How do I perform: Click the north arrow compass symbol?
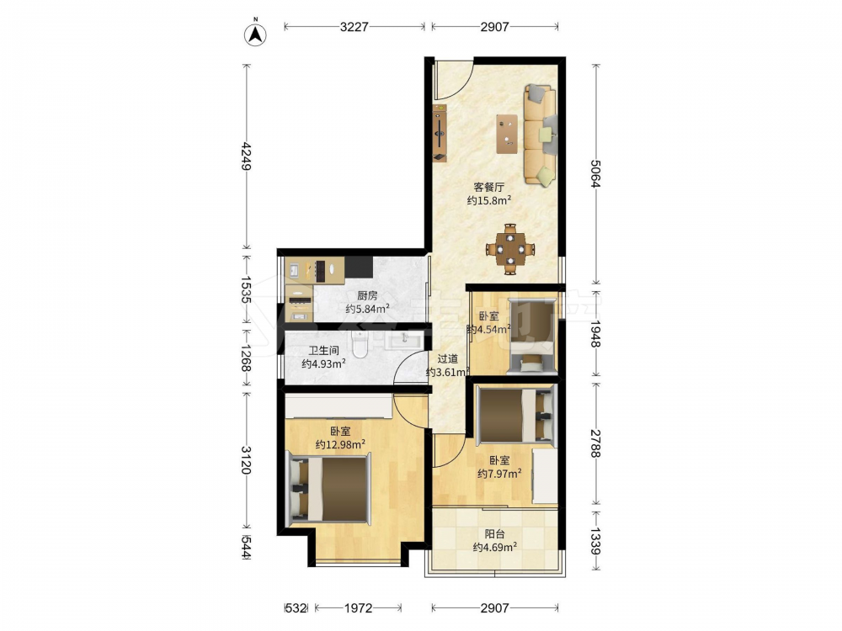[x=256, y=34]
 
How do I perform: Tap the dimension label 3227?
[x=354, y=26]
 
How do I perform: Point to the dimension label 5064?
[x=595, y=173]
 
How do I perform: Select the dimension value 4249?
[x=247, y=156]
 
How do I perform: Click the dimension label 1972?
[x=358, y=608]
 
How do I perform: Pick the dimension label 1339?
[x=595, y=540]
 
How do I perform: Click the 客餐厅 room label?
[x=488, y=188]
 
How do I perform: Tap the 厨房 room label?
[x=367, y=295]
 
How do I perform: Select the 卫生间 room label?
[x=323, y=351]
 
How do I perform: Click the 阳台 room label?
[x=494, y=534]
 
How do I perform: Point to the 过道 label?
[x=448, y=359]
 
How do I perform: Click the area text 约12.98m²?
[x=340, y=444]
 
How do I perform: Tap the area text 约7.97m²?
[x=499, y=474]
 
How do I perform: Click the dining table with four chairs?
[x=510, y=249]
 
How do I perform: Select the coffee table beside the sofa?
[x=507, y=134]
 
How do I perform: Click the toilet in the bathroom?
[x=360, y=344]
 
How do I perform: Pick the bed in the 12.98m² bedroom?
[x=329, y=488]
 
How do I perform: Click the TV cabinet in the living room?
[x=440, y=133]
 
